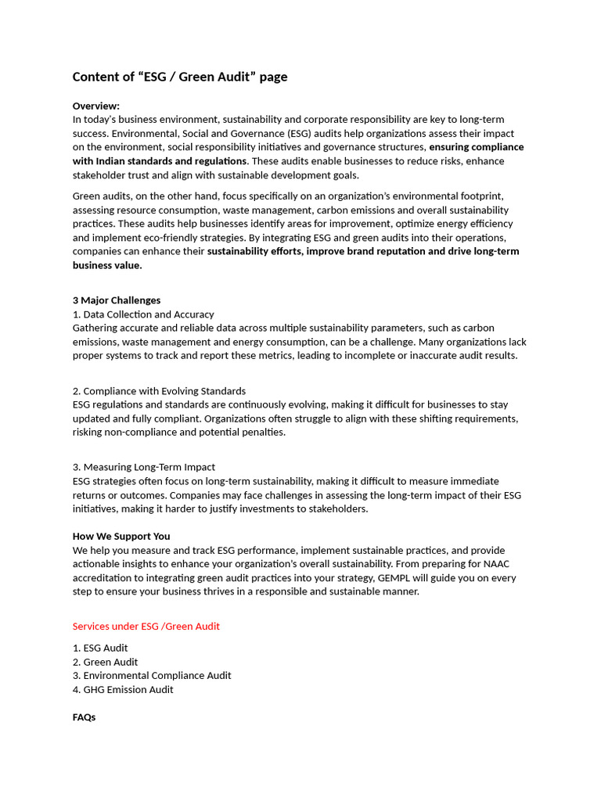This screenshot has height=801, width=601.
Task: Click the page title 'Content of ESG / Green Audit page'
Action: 180,77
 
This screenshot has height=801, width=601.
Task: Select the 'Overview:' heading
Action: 96,106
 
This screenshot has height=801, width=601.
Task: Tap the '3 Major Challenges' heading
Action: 117,300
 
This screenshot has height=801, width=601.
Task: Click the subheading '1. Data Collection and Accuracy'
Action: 143,314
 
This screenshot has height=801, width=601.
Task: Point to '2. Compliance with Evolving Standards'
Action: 159,391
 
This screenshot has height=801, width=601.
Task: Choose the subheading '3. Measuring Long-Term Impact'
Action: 143,467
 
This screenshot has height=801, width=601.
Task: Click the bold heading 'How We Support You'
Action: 121,537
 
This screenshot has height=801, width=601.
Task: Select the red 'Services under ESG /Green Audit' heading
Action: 146,627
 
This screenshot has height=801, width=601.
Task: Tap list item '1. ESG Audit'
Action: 100,648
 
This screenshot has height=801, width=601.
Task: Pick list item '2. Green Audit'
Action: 105,662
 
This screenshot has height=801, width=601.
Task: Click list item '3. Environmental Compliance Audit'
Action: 152,675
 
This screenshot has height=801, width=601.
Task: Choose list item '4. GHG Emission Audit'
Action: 123,689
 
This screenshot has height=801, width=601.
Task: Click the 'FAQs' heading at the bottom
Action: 85,717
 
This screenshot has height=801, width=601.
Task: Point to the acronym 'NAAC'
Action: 498,564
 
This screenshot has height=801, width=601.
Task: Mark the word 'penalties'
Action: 262,432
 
